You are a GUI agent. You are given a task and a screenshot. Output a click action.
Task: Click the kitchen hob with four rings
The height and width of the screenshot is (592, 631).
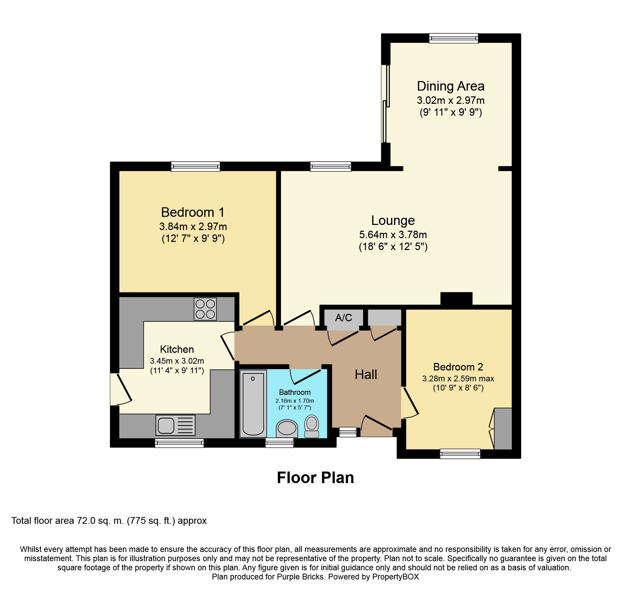[x=205, y=309]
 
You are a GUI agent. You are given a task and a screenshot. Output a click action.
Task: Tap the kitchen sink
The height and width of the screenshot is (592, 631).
[x=176, y=425]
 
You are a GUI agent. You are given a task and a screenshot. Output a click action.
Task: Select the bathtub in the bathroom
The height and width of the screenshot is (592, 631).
[x=253, y=404]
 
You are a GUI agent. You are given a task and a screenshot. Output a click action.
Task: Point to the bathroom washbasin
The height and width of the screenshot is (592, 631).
[x=287, y=428]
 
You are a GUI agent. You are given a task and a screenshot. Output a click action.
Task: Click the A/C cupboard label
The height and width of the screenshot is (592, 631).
[x=344, y=318]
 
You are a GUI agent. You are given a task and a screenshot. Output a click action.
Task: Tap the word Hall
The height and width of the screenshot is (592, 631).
[x=366, y=375]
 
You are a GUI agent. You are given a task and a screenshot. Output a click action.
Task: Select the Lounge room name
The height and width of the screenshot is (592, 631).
[x=393, y=221]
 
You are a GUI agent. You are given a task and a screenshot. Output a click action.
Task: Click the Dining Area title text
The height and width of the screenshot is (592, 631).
[x=451, y=86]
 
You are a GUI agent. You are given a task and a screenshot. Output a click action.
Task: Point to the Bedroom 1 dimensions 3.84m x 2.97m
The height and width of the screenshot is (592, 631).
[x=193, y=226]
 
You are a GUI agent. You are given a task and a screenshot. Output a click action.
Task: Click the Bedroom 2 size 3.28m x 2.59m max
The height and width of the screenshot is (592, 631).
[x=458, y=378]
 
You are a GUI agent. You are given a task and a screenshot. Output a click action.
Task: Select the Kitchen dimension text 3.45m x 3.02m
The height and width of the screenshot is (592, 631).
[x=177, y=361]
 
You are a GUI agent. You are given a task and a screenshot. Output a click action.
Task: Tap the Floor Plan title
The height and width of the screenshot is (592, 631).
[x=315, y=478]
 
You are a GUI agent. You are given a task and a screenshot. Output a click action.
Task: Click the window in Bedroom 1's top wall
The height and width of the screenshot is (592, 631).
[x=195, y=166]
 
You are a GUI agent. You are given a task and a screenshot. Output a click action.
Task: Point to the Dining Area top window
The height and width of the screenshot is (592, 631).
[x=454, y=38]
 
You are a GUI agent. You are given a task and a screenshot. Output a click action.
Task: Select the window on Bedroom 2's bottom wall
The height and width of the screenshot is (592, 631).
[x=460, y=454]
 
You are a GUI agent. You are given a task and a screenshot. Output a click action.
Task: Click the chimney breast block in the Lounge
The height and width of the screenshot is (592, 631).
[x=456, y=299]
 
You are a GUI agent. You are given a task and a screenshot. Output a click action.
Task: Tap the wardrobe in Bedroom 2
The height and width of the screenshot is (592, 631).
[x=503, y=429]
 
